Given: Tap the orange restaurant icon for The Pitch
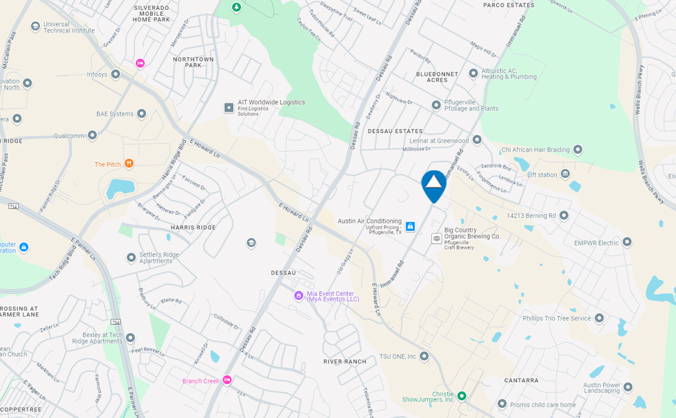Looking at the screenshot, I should (129, 163).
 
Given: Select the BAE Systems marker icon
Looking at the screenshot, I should (141, 114).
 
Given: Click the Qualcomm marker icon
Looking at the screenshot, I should (92, 135).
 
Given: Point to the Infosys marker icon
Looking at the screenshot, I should (116, 74).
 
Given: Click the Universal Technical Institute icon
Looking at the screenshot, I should (35, 27).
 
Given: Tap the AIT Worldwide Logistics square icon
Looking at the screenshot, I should (229, 108).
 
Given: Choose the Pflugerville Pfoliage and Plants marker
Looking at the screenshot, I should (436, 105).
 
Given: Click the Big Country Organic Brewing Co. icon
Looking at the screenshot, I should (437, 238).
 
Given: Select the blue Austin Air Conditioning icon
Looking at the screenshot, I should (410, 226).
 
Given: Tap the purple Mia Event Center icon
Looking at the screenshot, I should (298, 296).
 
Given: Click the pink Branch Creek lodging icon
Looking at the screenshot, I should (227, 380).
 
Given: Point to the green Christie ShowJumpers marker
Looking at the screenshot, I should (462, 396).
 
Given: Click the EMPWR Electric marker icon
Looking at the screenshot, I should (627, 242).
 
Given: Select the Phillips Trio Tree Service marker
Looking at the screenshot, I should (599, 318).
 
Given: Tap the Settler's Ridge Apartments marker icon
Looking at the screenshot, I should (131, 257).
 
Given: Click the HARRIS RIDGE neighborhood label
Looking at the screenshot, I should (193, 227).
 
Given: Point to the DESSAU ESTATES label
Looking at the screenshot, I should (394, 131).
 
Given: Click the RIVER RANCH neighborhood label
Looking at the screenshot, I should (345, 361).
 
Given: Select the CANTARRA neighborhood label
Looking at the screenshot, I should (521, 380).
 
